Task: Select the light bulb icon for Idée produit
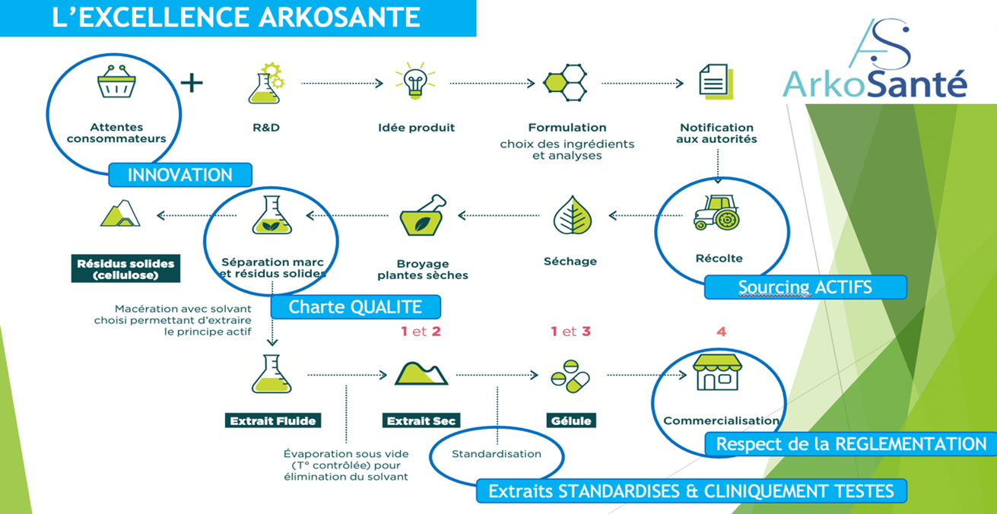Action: (x=414, y=82)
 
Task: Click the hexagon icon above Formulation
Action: (x=566, y=82)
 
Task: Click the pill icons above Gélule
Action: (x=569, y=376)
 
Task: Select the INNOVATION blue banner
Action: (x=180, y=175)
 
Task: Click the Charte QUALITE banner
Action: (x=355, y=307)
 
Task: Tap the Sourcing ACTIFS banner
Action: (x=805, y=287)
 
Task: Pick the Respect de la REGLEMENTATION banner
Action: (x=851, y=444)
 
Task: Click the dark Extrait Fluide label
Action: (x=272, y=420)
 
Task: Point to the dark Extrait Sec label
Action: (x=421, y=420)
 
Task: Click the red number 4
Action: (x=721, y=332)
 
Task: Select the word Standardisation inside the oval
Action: (x=497, y=454)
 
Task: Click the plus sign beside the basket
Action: (x=191, y=81)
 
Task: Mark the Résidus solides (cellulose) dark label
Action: (x=125, y=269)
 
